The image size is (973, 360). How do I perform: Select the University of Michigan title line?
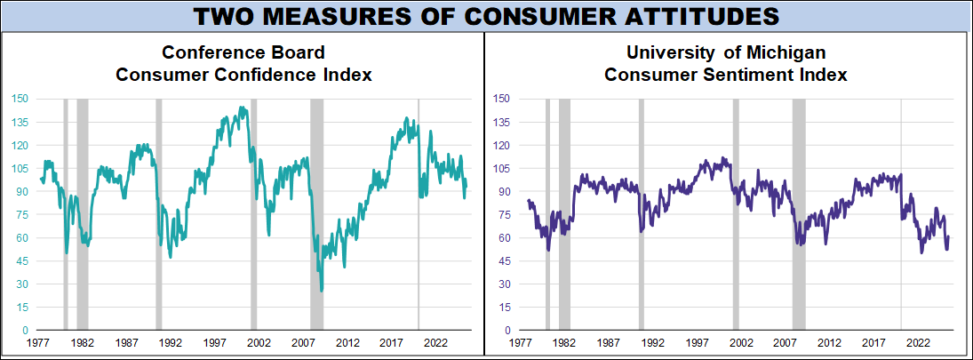coord(726,53)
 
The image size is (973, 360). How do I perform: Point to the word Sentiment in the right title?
coord(765,75)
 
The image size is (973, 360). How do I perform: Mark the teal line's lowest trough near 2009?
coord(321,291)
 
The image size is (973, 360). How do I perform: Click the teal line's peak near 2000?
coord(243,108)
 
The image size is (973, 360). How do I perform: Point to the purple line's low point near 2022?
coord(921,252)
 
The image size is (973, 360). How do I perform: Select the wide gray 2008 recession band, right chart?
coord(799,213)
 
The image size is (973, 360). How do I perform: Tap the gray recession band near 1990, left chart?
coord(159,213)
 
